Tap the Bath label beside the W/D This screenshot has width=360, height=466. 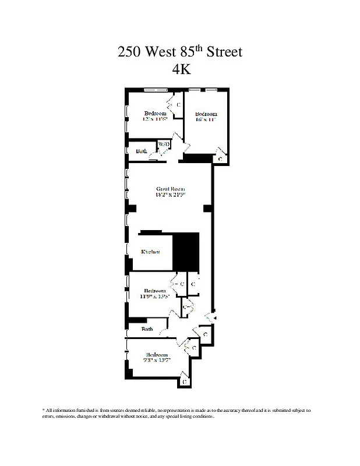pyautogui.click(x=142, y=151)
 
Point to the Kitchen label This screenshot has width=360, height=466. pyautogui.click(x=151, y=252)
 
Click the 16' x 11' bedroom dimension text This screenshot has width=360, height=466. pyautogui.click(x=206, y=119)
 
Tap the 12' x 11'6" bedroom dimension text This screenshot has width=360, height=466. pyautogui.click(x=155, y=118)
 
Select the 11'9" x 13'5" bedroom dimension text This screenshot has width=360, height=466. pyautogui.click(x=154, y=296)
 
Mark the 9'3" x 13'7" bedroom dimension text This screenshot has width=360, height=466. pyautogui.click(x=157, y=361)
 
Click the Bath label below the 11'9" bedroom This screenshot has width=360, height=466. pyautogui.click(x=147, y=329)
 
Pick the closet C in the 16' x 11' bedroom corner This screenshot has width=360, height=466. pyautogui.click(x=220, y=158)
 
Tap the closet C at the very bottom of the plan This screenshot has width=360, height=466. pyautogui.click(x=184, y=382)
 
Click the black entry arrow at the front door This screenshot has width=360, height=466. pyautogui.click(x=214, y=318)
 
